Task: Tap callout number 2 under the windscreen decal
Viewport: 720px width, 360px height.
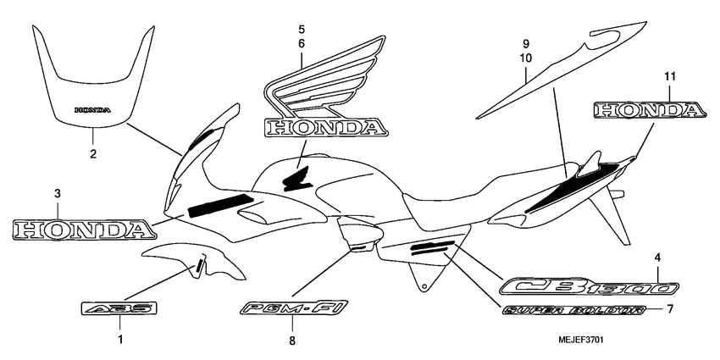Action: tap(93, 153)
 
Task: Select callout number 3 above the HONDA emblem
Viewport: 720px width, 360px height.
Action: tap(57, 194)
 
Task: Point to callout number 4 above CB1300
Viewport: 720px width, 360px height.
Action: tap(656, 258)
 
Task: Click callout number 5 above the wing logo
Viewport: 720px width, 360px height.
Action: tap(301, 28)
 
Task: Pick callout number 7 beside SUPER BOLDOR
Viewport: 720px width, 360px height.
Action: tap(669, 308)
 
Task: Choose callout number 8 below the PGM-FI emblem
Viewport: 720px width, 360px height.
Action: tap(291, 341)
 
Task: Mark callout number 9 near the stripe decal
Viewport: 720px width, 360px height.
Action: tap(525, 43)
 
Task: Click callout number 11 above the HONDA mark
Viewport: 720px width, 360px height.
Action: tap(669, 77)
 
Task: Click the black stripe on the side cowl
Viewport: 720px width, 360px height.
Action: tap(219, 205)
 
